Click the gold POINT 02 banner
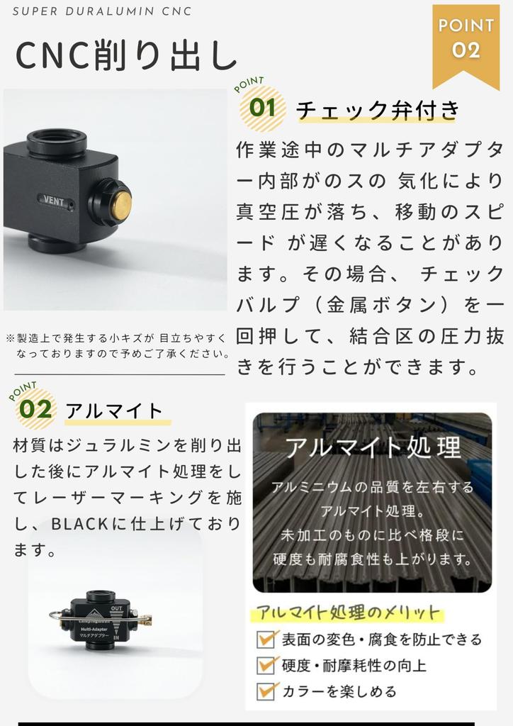pyautogui.click(x=466, y=40)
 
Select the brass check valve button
pyautogui.click(x=121, y=204)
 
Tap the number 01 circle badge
pyautogui.click(x=263, y=108)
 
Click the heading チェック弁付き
pyautogui.click(x=378, y=110)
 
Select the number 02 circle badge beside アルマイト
pyautogui.click(x=35, y=409)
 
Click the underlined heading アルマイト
pyautogui.click(x=114, y=411)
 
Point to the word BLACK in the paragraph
pyautogui.click(x=79, y=525)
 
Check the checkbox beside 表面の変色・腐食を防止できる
pyautogui.click(x=266, y=640)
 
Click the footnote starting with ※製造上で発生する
pyautogui.click(x=117, y=345)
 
